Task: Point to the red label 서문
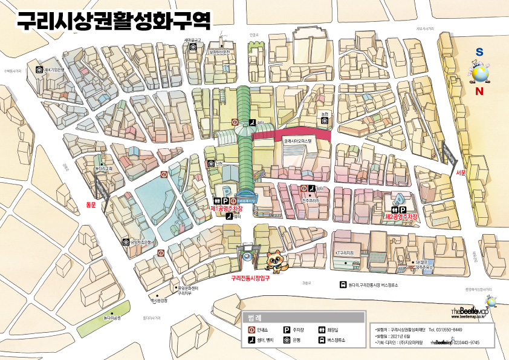click(x=461, y=173)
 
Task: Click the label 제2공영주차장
click(x=401, y=216)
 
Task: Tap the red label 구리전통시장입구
click(x=250, y=279)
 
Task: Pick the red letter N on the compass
click(x=479, y=91)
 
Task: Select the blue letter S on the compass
click(x=479, y=53)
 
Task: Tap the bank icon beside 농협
click(x=324, y=120)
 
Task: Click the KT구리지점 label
click(x=343, y=252)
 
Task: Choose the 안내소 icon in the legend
click(x=252, y=330)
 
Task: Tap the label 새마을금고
click(x=192, y=41)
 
